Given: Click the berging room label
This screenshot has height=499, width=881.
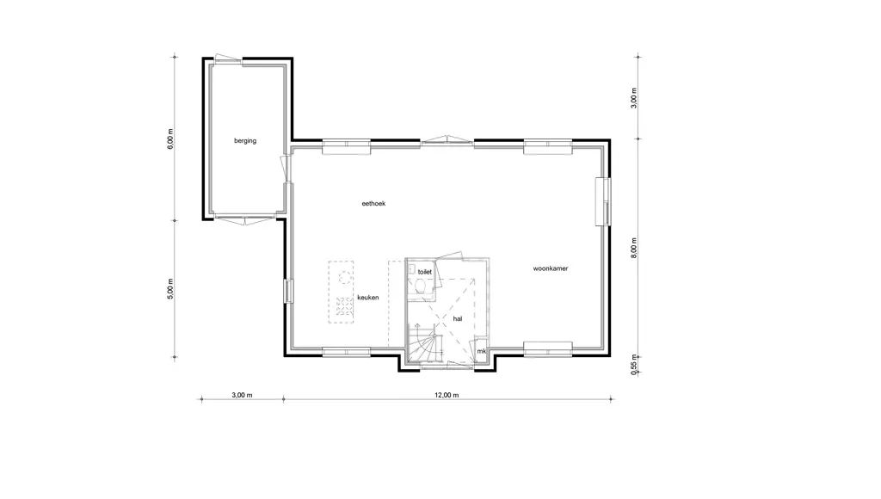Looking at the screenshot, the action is point(245,141).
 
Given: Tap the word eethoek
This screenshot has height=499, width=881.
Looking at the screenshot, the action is point(373,203).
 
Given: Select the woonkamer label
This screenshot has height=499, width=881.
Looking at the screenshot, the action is point(551,268).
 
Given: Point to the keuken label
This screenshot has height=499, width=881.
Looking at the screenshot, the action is point(368,298).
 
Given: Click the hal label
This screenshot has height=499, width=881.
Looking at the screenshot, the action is point(458,318).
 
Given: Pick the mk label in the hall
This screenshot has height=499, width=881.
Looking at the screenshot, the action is point(481,351).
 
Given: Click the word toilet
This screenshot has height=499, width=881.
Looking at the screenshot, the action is point(425,272).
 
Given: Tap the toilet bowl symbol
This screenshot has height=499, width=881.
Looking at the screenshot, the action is point(421,286).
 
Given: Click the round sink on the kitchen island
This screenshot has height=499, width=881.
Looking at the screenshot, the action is point(345,276).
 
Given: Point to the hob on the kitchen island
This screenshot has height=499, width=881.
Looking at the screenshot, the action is point(344,307).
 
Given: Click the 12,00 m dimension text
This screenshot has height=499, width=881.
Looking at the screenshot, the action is point(447,395).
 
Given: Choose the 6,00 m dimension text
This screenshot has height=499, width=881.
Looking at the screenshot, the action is point(170,139).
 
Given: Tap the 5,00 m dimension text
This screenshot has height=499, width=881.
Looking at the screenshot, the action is point(170,289).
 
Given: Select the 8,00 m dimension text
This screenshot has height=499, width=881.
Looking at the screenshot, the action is point(634,248).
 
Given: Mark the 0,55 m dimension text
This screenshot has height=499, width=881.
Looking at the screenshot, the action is point(634,364).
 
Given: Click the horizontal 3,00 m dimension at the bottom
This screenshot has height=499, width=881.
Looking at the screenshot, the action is point(242,395).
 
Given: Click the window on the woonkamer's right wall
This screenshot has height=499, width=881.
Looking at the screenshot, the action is point(603,201).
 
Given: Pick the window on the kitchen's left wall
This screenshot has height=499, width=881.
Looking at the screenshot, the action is point(288,291).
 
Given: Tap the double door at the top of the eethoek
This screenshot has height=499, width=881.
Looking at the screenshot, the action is point(447,140).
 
